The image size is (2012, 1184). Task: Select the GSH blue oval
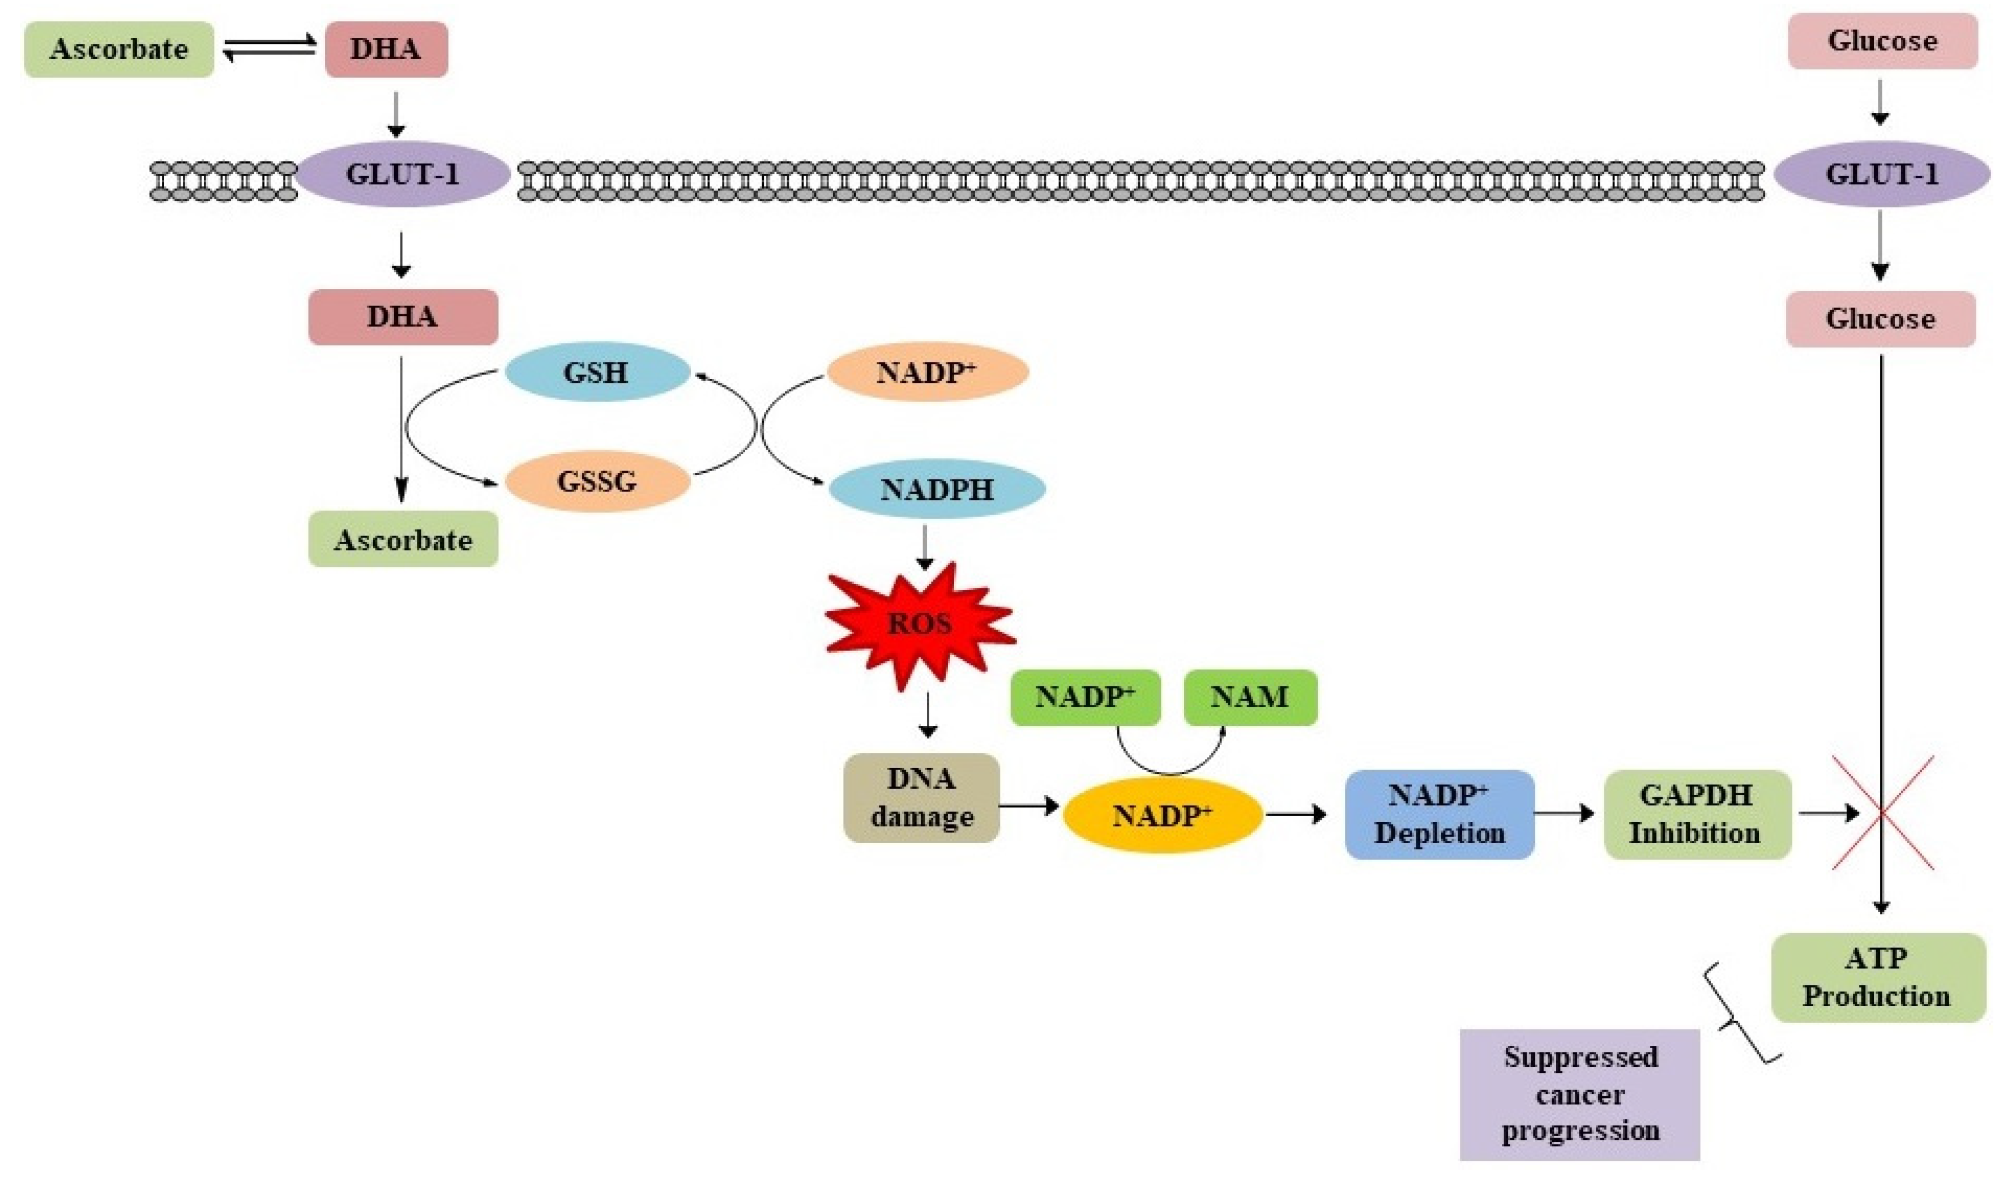(597, 372)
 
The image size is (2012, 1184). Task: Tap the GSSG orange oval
(597, 481)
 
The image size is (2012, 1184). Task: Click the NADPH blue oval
(937, 489)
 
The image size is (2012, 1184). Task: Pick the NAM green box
(1250, 697)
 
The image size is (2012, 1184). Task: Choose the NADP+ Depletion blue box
(1439, 814)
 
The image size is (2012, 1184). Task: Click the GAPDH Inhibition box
(1697, 814)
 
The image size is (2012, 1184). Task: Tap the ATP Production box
(1878, 977)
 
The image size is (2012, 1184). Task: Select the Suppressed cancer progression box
(1579, 1094)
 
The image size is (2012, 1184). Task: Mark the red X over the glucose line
(1882, 813)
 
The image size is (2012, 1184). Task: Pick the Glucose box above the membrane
(1882, 41)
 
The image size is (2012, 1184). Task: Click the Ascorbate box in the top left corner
(119, 49)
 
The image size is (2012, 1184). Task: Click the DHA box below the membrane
(403, 317)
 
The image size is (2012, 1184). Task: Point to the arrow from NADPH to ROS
(925, 547)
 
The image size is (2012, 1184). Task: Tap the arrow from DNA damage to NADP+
(1028, 806)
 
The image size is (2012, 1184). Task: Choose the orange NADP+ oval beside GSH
(926, 372)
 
